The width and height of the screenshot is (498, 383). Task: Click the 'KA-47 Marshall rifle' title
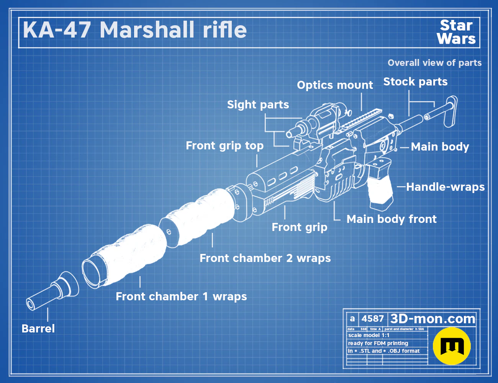(x=135, y=30)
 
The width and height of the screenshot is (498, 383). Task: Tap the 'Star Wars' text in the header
(x=456, y=32)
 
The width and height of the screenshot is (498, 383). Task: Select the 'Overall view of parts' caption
(x=434, y=63)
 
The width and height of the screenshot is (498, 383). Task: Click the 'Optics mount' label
(x=335, y=85)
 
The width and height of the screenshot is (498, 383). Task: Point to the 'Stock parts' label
(x=415, y=82)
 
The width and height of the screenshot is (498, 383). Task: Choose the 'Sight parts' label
(x=258, y=105)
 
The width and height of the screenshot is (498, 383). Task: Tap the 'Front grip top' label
(x=224, y=146)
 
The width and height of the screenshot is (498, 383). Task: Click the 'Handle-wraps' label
(x=445, y=187)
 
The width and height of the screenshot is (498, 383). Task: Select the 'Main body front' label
(x=392, y=219)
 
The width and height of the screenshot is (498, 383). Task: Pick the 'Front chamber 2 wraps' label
(x=265, y=258)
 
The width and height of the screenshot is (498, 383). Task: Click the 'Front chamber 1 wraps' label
(x=181, y=296)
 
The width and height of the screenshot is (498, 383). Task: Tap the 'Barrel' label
(x=38, y=329)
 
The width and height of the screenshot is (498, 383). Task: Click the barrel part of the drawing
(x=52, y=291)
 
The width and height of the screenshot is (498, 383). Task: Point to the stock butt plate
(x=450, y=111)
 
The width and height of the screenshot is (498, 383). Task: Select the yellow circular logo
(x=452, y=346)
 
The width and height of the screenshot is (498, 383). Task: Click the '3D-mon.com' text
(x=432, y=319)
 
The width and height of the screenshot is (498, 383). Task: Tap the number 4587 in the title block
(x=372, y=319)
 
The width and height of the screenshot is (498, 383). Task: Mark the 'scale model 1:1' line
(x=369, y=336)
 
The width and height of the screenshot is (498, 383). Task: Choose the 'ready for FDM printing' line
(x=378, y=343)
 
